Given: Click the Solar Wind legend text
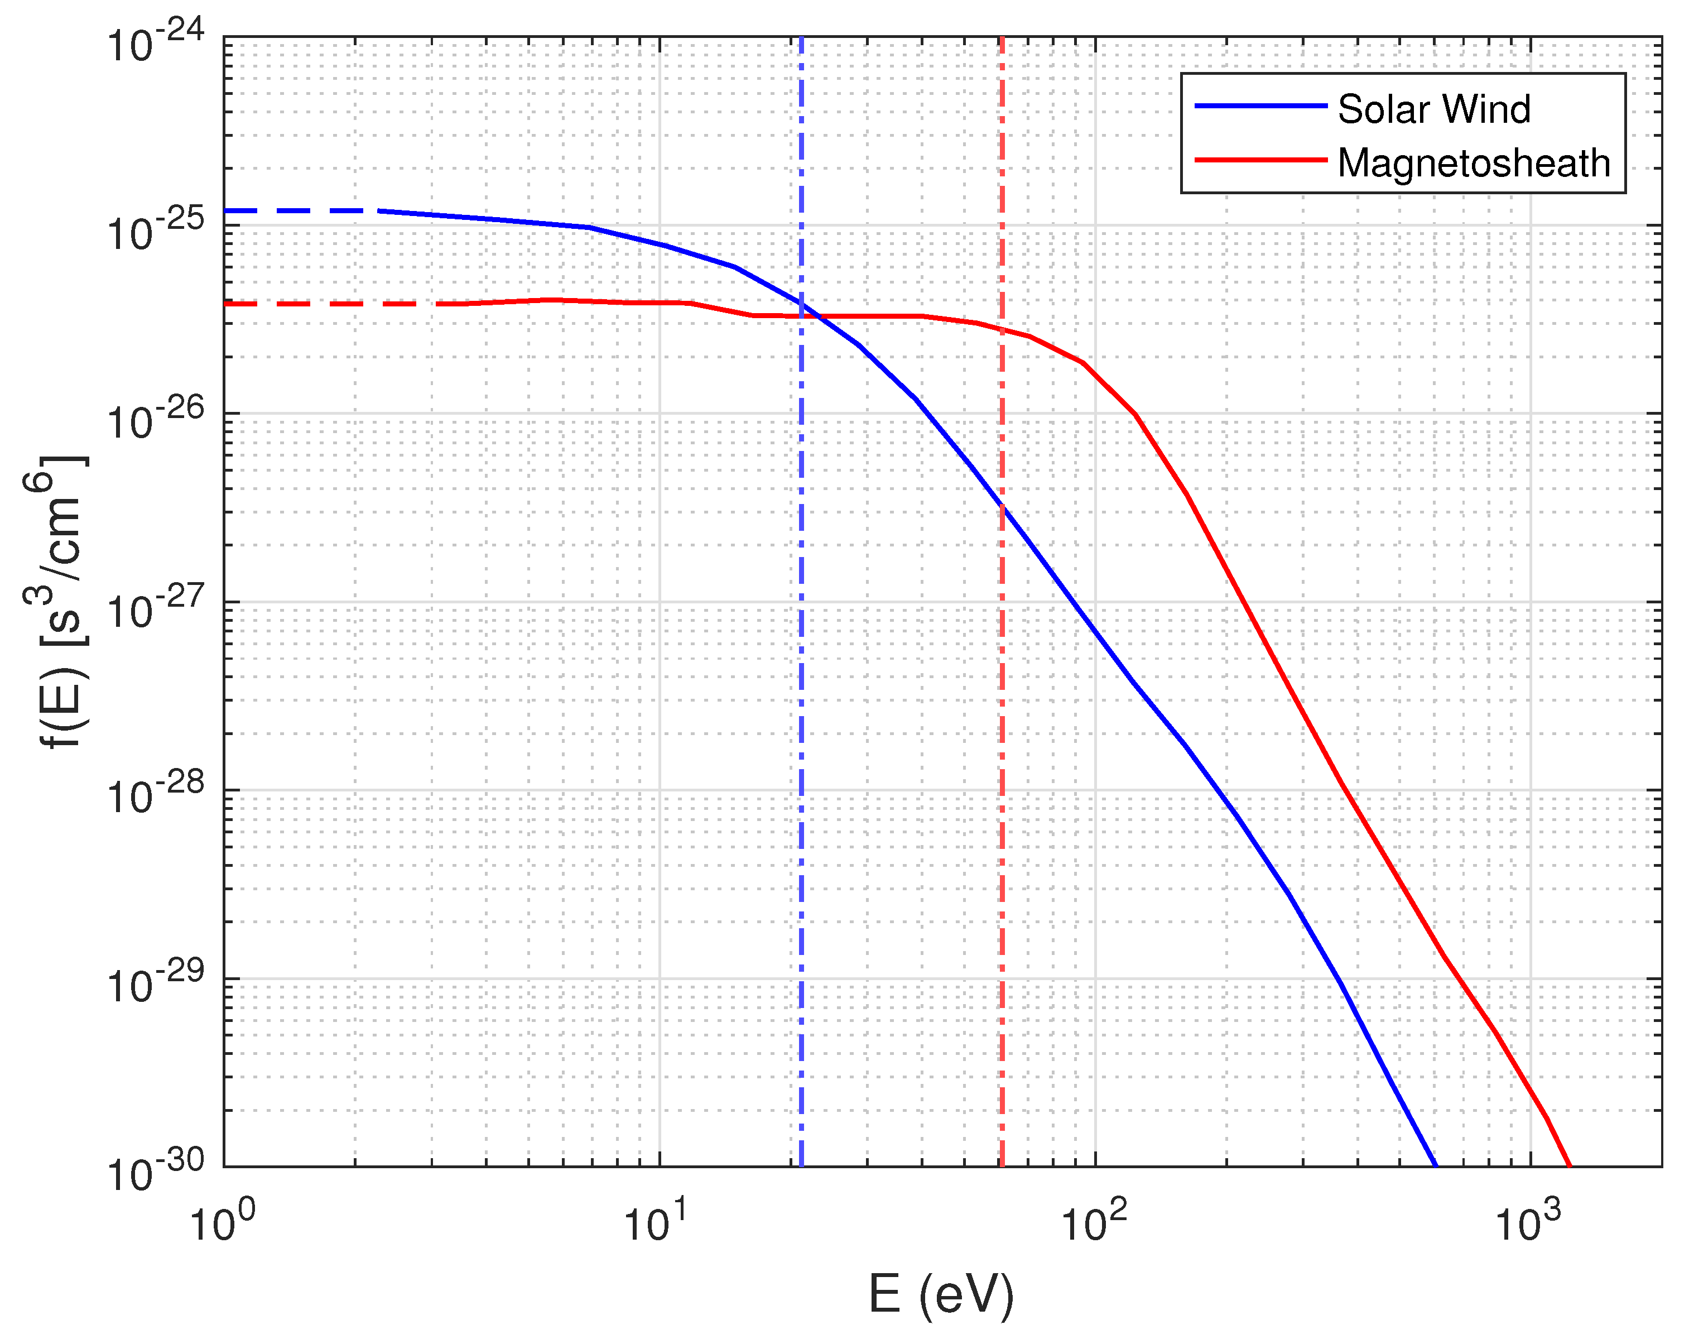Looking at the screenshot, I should tap(1433, 110).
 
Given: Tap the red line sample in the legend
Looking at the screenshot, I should tap(1260, 160).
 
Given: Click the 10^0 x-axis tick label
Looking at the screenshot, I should tap(223, 1223).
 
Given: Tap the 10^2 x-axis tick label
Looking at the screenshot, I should tap(1094, 1223).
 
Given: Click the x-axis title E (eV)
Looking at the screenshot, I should tap(941, 1294).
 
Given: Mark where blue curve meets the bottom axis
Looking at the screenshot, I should tap(1435, 1165).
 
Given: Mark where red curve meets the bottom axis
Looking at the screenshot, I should tap(1569, 1165).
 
